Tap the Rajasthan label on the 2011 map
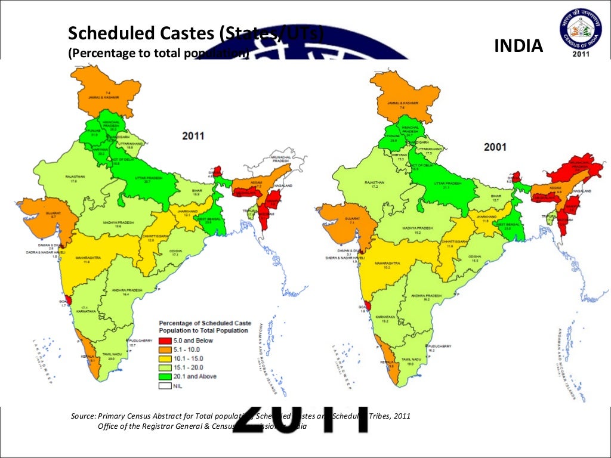(75, 177)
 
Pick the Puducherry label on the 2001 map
(440, 346)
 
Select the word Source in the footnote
(83, 416)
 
